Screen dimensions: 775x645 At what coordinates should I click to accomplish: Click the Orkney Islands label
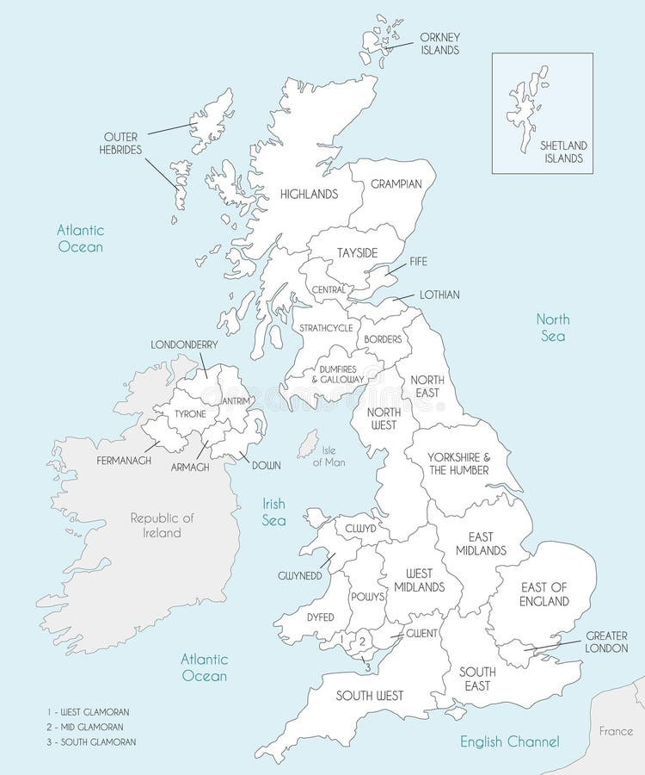tap(439, 44)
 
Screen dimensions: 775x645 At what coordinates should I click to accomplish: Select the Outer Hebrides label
tap(122, 143)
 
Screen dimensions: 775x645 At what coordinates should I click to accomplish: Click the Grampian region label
tap(396, 184)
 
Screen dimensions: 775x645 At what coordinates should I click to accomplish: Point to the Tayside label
tap(354, 252)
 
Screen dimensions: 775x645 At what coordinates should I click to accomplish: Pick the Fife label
tap(419, 260)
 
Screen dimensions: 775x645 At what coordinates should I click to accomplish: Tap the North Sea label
tap(553, 328)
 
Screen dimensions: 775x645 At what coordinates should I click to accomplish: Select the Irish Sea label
tap(276, 513)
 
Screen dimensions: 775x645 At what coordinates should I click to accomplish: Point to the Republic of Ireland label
tap(163, 524)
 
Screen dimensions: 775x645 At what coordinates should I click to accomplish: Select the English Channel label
tap(509, 741)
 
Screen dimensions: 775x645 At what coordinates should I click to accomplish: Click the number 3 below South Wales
tap(368, 666)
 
